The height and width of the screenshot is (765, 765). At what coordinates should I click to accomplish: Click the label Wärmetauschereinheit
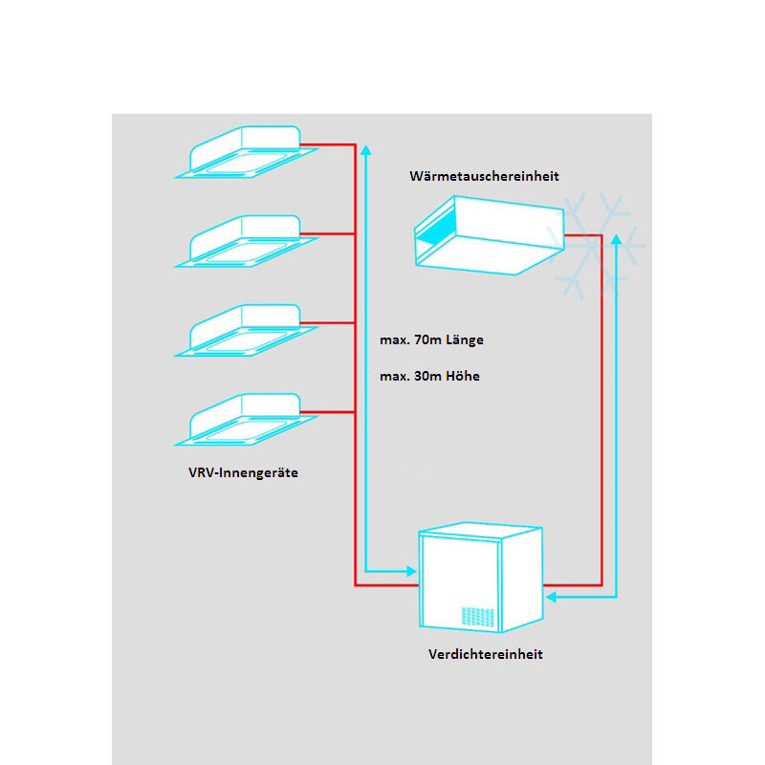point(483,176)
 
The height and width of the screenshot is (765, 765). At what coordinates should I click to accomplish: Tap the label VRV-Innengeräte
point(244,472)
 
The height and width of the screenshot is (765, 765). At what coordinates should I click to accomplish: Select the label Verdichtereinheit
point(485,654)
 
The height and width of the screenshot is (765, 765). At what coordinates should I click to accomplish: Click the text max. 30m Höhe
point(429,376)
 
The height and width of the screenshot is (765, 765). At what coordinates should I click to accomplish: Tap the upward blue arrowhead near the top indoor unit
point(365,149)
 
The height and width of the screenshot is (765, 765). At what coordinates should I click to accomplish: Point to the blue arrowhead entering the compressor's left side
point(412,571)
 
